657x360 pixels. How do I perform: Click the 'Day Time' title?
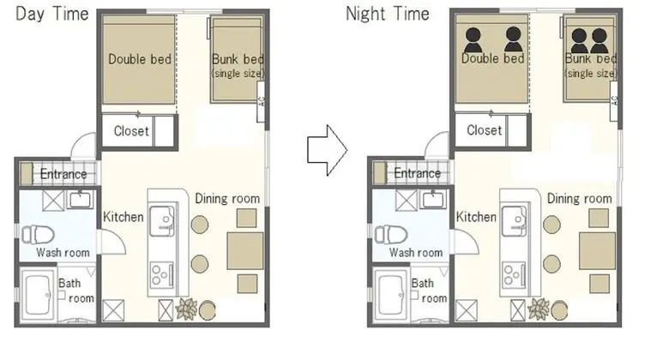[52, 14]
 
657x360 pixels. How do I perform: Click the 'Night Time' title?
[388, 14]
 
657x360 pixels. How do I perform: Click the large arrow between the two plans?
[328, 150]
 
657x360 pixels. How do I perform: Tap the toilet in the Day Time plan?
[38, 234]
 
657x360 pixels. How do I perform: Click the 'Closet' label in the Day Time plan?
[131, 131]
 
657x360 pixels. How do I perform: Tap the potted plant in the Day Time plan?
[186, 309]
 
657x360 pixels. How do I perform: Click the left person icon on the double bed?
[473, 40]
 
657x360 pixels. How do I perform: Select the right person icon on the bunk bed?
[600, 40]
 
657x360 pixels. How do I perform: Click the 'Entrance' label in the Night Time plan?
[417, 173]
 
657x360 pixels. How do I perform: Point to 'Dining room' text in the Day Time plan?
[227, 198]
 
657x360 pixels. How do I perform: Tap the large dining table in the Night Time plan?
[598, 251]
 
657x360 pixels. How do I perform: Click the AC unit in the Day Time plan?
[261, 102]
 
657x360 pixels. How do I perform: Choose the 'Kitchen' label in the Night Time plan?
[476, 217]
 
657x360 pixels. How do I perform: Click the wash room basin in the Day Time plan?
[80, 200]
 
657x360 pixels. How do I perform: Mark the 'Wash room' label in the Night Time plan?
[416, 252]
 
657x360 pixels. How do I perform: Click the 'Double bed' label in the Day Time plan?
[140, 59]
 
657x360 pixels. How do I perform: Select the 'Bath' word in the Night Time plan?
[422, 284]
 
